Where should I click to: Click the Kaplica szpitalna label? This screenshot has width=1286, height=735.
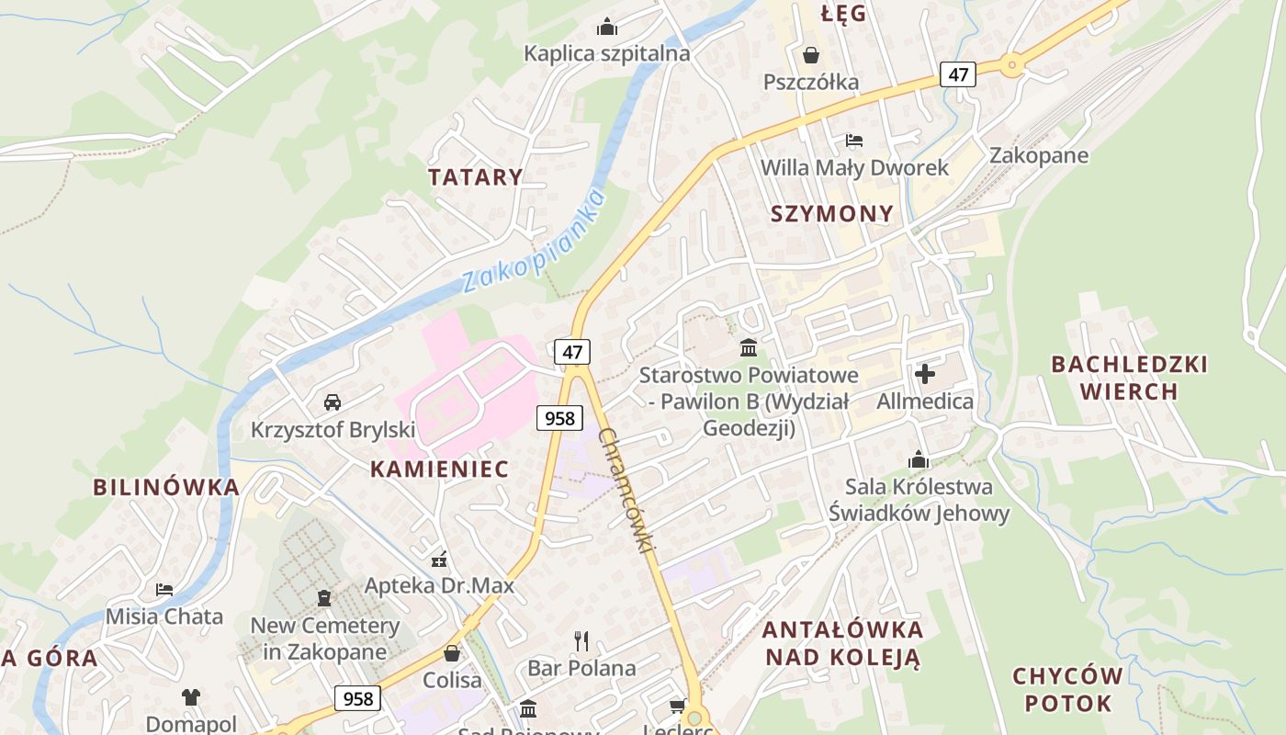(606, 53)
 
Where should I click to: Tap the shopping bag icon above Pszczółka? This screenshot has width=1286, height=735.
(811, 55)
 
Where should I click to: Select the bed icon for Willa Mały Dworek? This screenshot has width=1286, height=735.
(854, 141)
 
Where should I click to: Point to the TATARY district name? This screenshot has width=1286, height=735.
(475, 177)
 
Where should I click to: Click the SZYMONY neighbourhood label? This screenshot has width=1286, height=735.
(831, 214)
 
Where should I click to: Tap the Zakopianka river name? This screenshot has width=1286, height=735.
(534, 241)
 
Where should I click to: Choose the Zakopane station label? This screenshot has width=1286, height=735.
(1038, 155)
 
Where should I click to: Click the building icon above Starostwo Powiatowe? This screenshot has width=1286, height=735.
(749, 348)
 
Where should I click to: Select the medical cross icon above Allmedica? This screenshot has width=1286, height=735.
(925, 374)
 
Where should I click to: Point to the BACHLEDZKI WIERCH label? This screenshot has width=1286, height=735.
(1129, 378)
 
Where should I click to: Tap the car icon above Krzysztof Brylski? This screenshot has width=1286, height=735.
(333, 402)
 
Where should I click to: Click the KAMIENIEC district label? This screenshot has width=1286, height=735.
(439, 469)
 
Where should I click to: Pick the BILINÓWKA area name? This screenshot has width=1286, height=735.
(166, 487)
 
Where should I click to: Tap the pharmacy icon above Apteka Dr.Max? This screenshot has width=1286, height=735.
(439, 559)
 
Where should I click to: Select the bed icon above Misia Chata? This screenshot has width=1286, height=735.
(164, 589)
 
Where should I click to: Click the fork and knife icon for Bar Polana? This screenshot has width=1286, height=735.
(581, 640)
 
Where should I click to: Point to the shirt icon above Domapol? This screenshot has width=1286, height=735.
(190, 696)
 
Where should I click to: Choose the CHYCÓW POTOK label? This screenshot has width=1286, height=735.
(1067, 690)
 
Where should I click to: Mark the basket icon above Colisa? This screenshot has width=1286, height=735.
(452, 653)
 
